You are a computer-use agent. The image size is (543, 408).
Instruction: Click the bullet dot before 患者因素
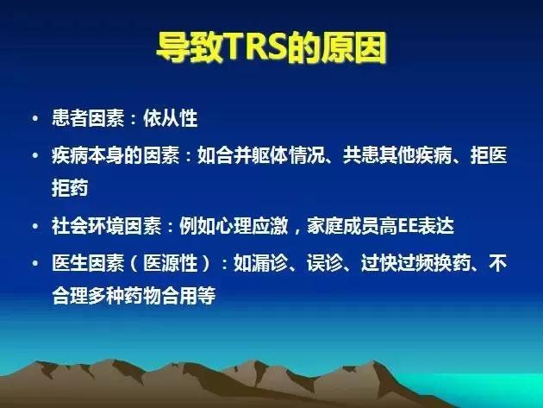[34, 118]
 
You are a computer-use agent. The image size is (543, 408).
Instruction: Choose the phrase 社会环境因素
[100, 227]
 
